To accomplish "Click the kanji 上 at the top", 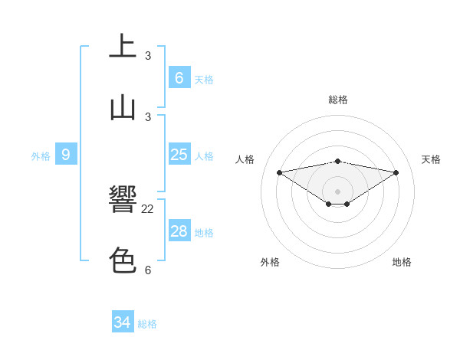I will tap(123, 47).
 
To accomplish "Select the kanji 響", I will tap(123, 200).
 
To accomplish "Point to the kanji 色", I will tap(123, 260).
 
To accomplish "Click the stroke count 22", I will tap(148, 208).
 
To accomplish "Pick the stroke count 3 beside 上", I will tap(148, 55).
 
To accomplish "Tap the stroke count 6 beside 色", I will tap(148, 270).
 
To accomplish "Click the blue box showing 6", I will tap(179, 78).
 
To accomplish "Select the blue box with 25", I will tap(179, 155).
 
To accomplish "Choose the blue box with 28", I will tap(179, 231).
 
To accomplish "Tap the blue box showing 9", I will tap(66, 155).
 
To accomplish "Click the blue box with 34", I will tap(122, 322).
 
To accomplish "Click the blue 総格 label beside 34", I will tap(147, 324).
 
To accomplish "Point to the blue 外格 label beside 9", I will tap(41, 156).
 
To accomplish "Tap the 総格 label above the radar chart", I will tap(338, 100).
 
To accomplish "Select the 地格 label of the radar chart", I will tap(402, 262).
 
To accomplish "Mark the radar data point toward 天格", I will tap(396, 172).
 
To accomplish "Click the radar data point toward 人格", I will tap(279, 172).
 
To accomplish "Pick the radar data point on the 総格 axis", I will tap(338, 161).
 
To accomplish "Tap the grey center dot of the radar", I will tap(338, 191).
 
